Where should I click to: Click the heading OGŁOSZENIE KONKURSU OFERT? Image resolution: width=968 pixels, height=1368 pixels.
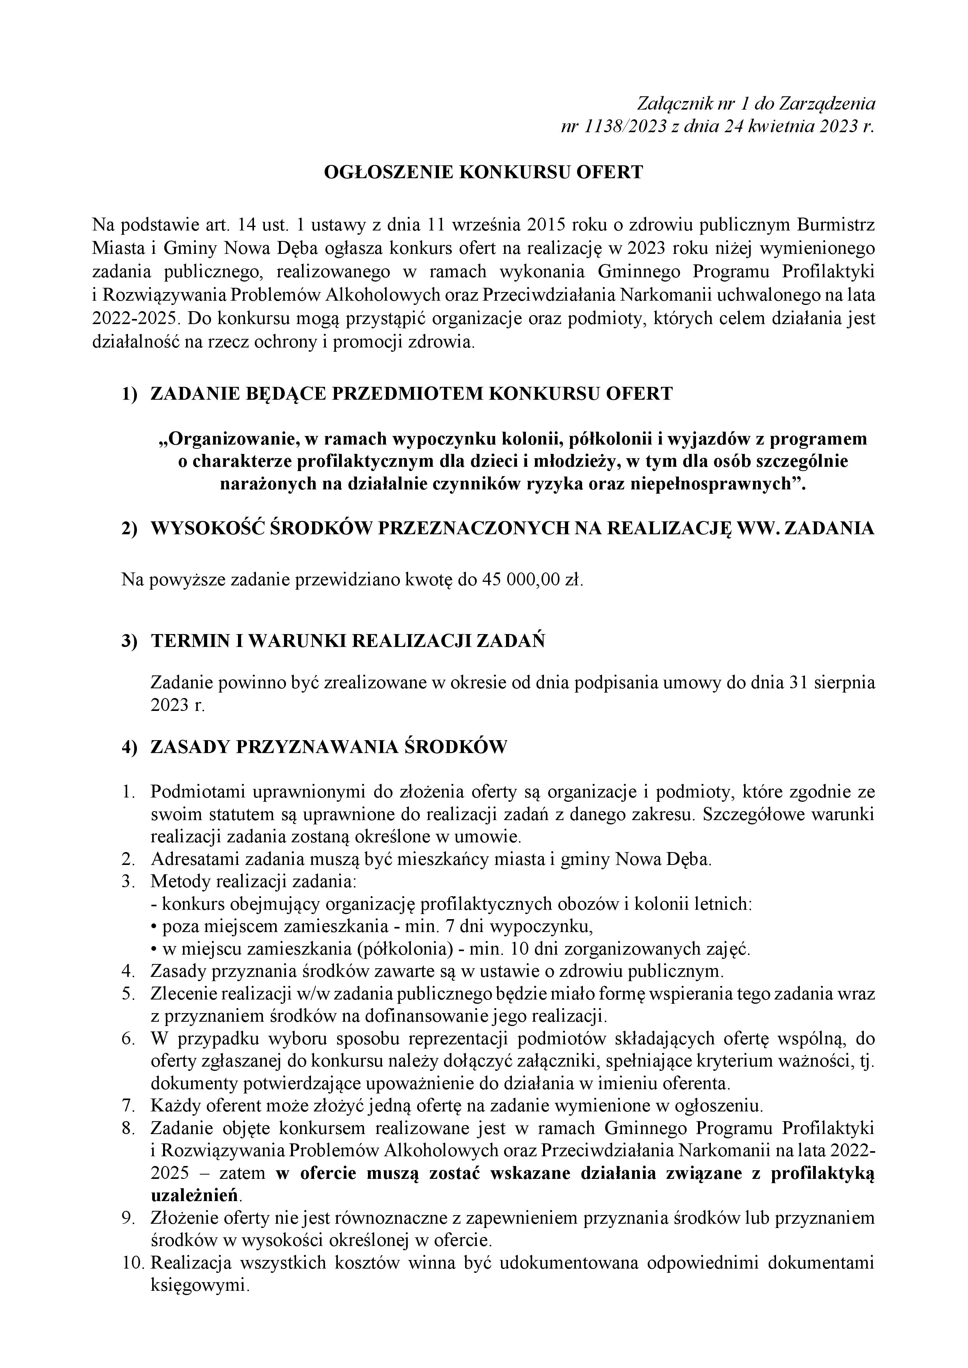coord(483,172)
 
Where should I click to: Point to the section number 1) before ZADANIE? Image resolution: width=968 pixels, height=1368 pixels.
coord(130,394)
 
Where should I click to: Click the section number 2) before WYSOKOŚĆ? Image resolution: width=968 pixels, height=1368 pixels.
coord(130,528)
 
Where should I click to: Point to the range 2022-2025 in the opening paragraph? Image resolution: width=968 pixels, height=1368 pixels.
coord(135,318)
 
